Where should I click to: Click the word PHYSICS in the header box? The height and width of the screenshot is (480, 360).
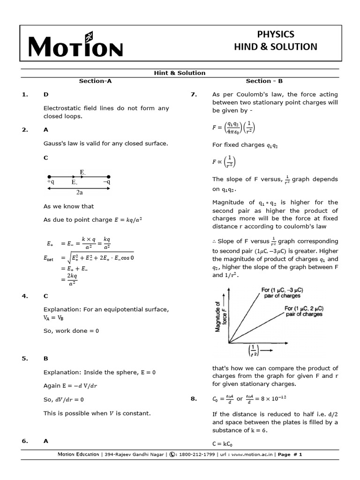coord(276,34)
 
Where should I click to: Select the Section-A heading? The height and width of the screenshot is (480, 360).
coord(95,81)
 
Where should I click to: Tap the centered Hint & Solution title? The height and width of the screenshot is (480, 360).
coord(180,73)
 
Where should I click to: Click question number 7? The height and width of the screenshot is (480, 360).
coord(193,94)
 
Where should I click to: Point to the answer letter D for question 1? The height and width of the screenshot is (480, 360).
coord(46,94)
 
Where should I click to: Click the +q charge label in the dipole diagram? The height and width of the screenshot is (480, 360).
coord(51,182)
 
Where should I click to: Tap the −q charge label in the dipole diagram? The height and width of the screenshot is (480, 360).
coord(106,182)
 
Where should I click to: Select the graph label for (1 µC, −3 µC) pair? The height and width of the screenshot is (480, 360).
coord(282,293)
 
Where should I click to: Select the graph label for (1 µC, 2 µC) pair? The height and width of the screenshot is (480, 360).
coord(304,311)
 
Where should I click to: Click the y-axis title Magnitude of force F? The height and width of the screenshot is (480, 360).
coord(220,317)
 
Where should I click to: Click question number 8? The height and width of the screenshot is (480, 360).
coord(193,399)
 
